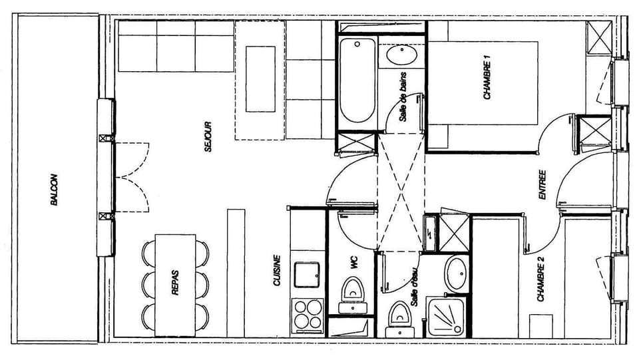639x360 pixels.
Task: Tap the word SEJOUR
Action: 208,137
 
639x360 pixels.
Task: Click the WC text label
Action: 353,263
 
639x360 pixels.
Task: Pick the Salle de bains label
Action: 403,96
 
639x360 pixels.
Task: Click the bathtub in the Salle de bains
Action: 357,81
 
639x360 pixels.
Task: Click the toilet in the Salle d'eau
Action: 399,315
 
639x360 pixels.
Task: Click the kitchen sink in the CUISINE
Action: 308,273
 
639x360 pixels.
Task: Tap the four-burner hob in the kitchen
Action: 308,315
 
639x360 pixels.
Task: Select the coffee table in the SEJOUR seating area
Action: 260,79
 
